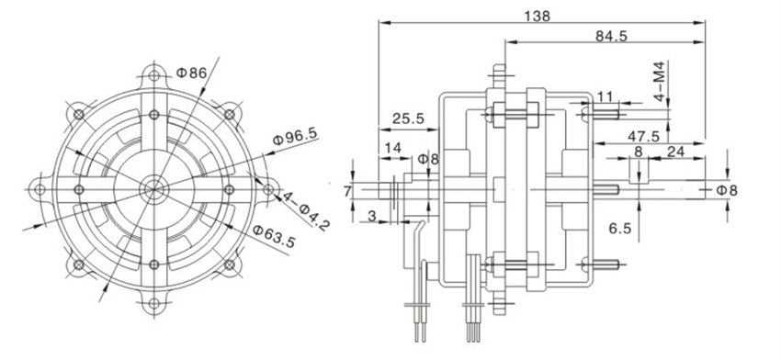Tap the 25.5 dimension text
[405, 118]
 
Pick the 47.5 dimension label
[642, 136]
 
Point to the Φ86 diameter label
[189, 72]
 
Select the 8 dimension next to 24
[638, 153]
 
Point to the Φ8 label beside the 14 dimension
[427, 160]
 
